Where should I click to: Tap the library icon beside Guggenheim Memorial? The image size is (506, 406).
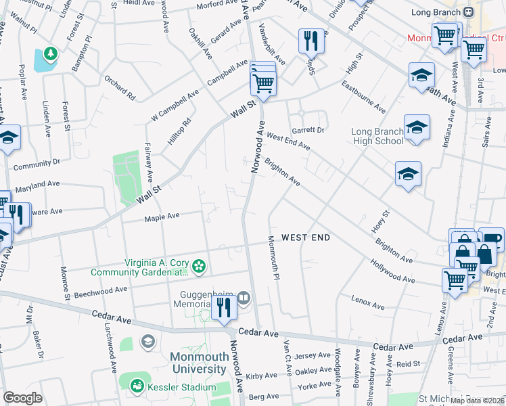(244, 296)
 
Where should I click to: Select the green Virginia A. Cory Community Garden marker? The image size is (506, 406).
(198, 267)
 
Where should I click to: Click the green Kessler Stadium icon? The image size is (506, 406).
(138, 385)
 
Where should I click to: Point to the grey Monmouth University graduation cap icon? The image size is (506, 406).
(147, 340)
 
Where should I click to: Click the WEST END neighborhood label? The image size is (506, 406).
(306, 238)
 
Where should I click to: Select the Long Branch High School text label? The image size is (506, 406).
(377, 136)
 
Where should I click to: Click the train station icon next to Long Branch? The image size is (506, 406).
(468, 12)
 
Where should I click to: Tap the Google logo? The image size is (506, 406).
(22, 398)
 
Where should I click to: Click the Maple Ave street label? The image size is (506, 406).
(162, 217)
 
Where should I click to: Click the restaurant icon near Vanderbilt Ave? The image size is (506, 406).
(311, 41)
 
